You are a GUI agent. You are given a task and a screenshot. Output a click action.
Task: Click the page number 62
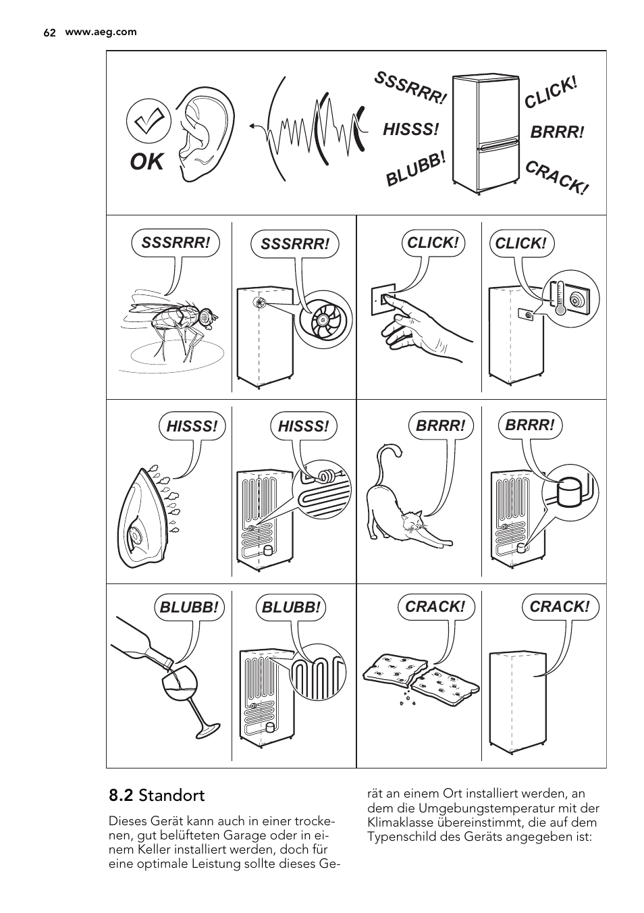(49, 32)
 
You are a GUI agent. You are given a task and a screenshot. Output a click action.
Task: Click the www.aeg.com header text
(101, 32)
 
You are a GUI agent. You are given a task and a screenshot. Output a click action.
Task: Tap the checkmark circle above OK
(149, 121)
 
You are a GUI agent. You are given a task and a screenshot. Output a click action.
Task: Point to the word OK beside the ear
(146, 162)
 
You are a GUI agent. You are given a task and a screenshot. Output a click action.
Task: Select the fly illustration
(171, 326)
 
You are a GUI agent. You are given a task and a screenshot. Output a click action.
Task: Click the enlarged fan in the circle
(323, 320)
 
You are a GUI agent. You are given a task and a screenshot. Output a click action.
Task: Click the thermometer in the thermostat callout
(560, 298)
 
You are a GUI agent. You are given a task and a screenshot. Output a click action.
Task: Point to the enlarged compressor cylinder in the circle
(570, 493)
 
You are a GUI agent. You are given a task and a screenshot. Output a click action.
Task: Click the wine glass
(188, 702)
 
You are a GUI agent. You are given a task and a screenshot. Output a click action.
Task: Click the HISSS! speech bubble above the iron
(192, 427)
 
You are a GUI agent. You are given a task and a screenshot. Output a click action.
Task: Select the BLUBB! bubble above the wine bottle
(189, 607)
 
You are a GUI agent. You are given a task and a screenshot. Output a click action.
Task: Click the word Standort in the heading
(172, 796)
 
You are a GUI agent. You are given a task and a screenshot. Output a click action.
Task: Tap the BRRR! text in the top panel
(557, 132)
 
